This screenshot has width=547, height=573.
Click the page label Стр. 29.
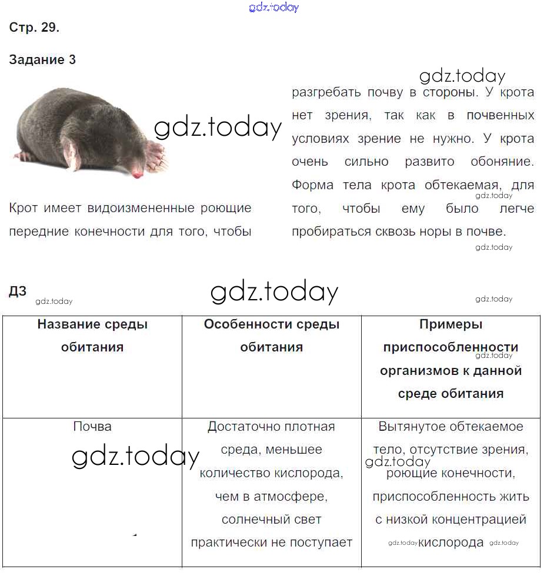(34, 28)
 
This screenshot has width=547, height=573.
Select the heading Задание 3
(42, 60)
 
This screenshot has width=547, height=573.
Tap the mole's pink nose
(138, 175)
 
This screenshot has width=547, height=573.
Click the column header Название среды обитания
(92, 336)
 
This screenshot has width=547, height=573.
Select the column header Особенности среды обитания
(271, 336)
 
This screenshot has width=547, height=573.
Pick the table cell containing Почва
(92, 427)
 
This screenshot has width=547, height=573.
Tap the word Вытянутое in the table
(410, 427)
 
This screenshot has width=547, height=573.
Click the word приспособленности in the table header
(451, 347)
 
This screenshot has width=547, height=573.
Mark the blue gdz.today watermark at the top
(274, 7)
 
